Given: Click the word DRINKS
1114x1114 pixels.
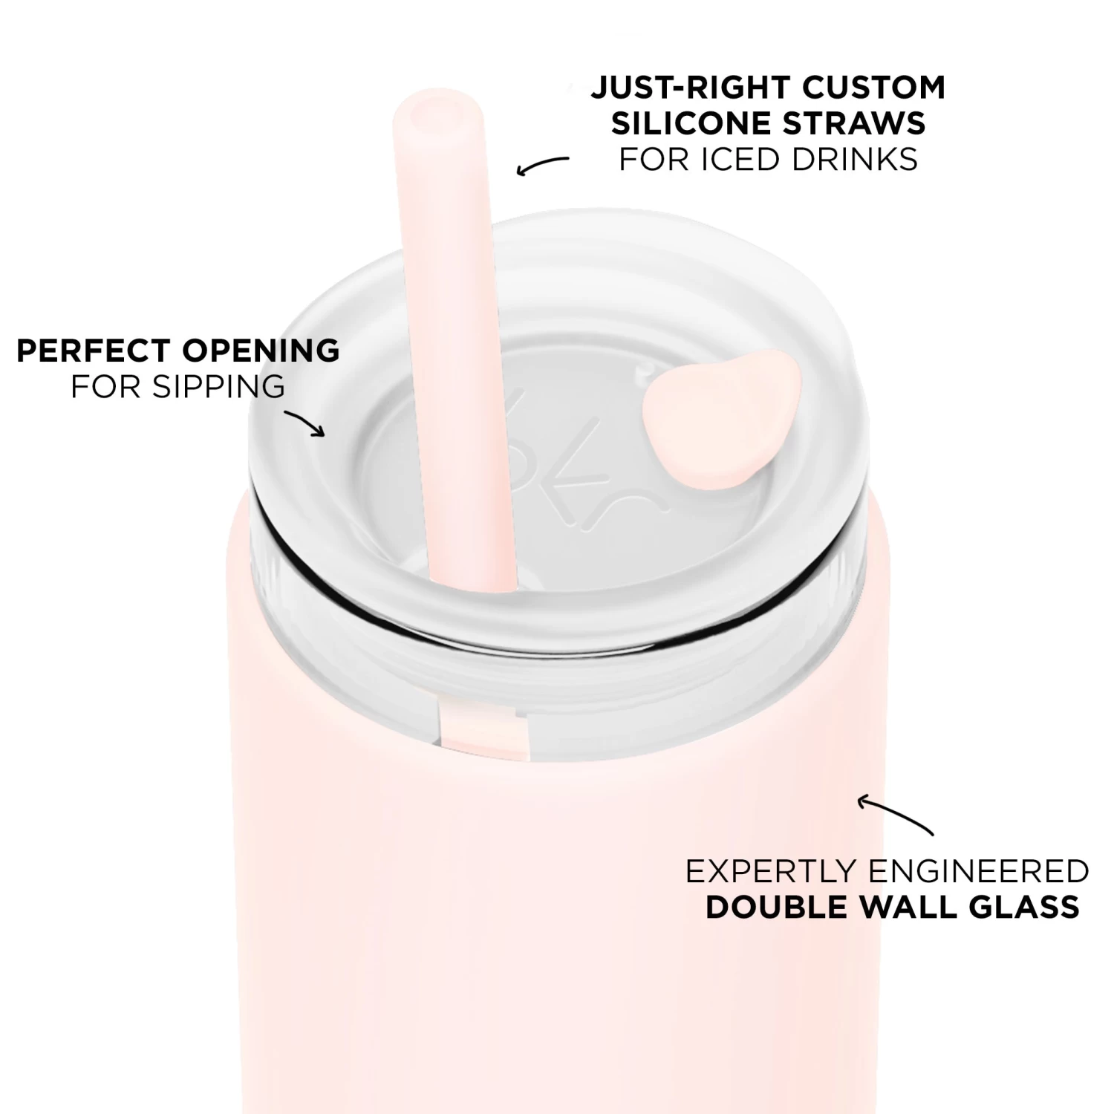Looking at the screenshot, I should click(855, 159).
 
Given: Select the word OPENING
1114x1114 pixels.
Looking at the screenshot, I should click(264, 351).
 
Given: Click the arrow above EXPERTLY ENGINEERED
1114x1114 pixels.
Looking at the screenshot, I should click(895, 813).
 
